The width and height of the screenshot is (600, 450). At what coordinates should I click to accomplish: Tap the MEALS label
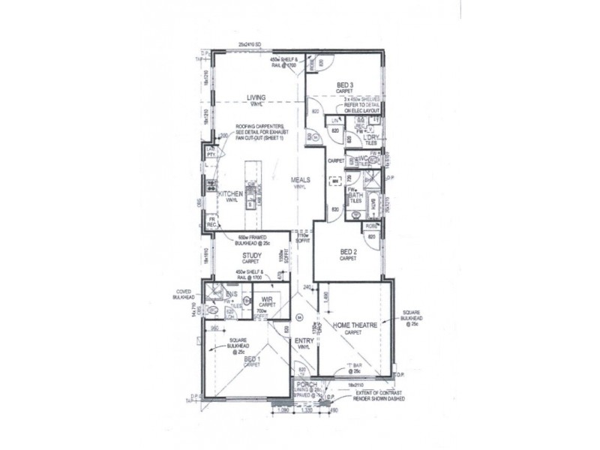pos(301,180)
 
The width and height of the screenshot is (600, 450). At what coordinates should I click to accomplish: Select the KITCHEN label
pos(230,193)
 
